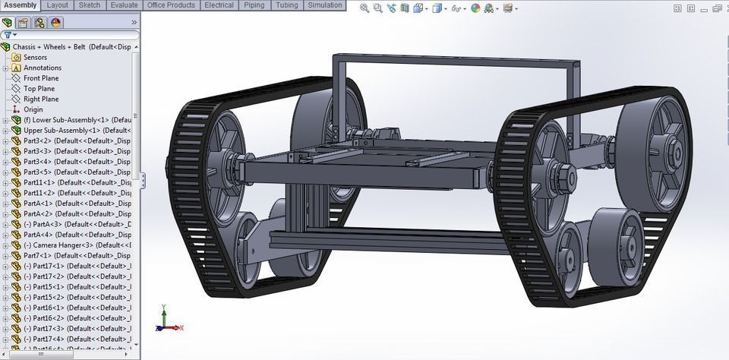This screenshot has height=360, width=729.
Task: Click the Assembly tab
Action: click(x=20, y=5)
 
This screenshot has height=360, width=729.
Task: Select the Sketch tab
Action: click(x=90, y=5)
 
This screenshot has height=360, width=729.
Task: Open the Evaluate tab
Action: click(x=124, y=5)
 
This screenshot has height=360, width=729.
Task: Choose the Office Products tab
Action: click(x=171, y=5)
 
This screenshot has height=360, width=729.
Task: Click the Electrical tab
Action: click(x=219, y=5)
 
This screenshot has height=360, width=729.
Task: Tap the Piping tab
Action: click(x=254, y=5)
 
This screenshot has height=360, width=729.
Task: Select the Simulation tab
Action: click(x=324, y=5)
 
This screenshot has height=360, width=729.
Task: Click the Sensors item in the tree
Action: click(x=35, y=57)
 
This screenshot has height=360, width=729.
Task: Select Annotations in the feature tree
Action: click(x=42, y=68)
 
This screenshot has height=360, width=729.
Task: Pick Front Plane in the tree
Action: click(x=41, y=78)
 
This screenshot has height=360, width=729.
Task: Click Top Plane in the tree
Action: click(x=39, y=89)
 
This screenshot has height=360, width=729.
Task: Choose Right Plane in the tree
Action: click(x=41, y=99)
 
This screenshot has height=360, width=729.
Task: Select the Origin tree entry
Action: click(x=33, y=109)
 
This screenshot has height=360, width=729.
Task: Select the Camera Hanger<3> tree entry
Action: click(x=72, y=245)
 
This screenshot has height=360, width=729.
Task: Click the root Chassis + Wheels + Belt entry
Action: click(x=68, y=46)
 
